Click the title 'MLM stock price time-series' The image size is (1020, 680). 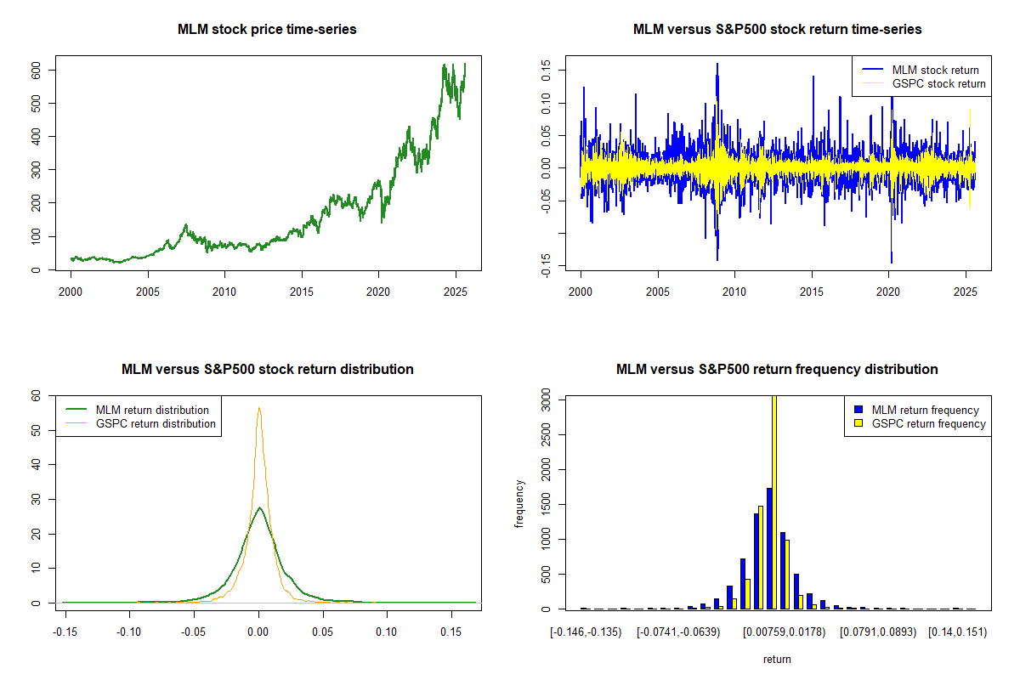[x=267, y=30]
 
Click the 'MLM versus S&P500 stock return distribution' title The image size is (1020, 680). [x=267, y=370]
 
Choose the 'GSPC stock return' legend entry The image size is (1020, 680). [x=938, y=84]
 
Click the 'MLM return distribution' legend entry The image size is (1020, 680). [x=152, y=411]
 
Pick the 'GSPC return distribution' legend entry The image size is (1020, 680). [x=156, y=424]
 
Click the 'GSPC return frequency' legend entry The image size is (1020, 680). [x=935, y=424]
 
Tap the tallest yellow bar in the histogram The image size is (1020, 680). [x=774, y=501]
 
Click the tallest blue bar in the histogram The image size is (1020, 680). [x=768, y=548]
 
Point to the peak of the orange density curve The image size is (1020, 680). [x=258, y=408]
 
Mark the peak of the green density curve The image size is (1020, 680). [x=259, y=508]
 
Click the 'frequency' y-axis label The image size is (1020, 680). [x=519, y=503]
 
